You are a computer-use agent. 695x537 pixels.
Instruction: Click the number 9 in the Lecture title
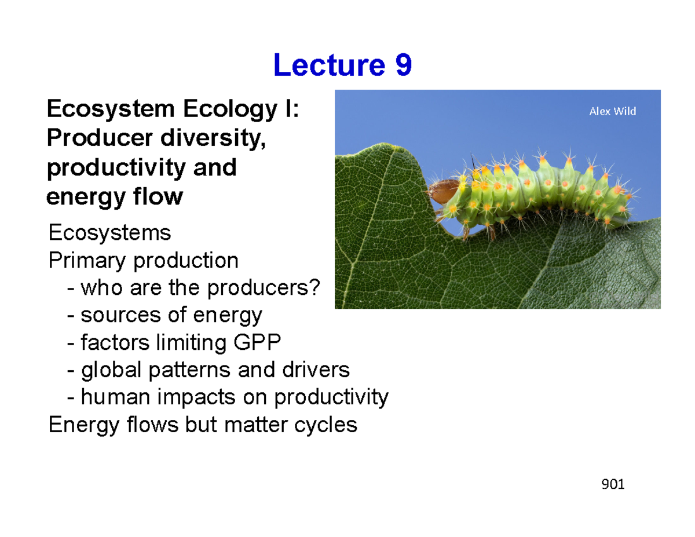point(404,65)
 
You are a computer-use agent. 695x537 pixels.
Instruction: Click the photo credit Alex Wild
point(612,111)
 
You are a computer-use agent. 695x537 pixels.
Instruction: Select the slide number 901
point(613,484)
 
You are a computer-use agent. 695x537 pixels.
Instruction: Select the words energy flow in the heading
point(114,198)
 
